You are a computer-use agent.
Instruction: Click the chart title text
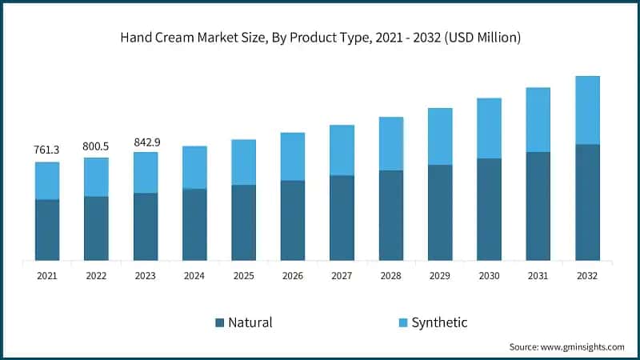tap(320, 38)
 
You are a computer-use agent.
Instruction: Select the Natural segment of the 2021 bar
tap(47, 230)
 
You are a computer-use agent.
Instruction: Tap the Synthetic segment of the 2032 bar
tap(587, 110)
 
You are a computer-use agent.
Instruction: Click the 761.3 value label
tap(47, 150)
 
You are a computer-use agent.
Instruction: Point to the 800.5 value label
tap(96, 146)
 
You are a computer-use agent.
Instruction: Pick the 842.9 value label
tap(146, 142)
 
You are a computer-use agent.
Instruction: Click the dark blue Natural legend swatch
tap(219, 323)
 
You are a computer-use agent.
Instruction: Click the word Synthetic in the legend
tap(439, 322)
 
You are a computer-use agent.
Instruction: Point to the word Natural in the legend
tap(250, 322)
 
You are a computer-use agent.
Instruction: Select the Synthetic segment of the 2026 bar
tap(293, 157)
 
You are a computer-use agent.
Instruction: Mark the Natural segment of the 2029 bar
tap(440, 212)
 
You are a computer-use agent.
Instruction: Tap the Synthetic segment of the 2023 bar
tap(146, 173)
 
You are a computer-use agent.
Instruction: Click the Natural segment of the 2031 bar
tap(538, 206)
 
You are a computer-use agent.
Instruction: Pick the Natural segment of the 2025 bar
tap(243, 222)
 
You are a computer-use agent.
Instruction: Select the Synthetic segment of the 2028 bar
tap(390, 144)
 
